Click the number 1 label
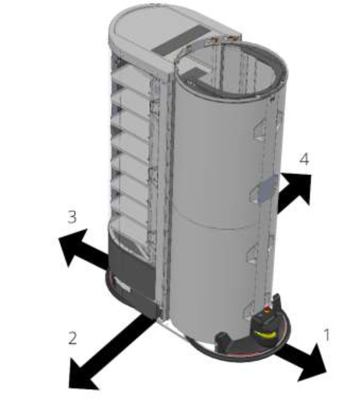(326, 335)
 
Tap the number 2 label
(72, 338)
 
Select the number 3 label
(72, 217)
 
